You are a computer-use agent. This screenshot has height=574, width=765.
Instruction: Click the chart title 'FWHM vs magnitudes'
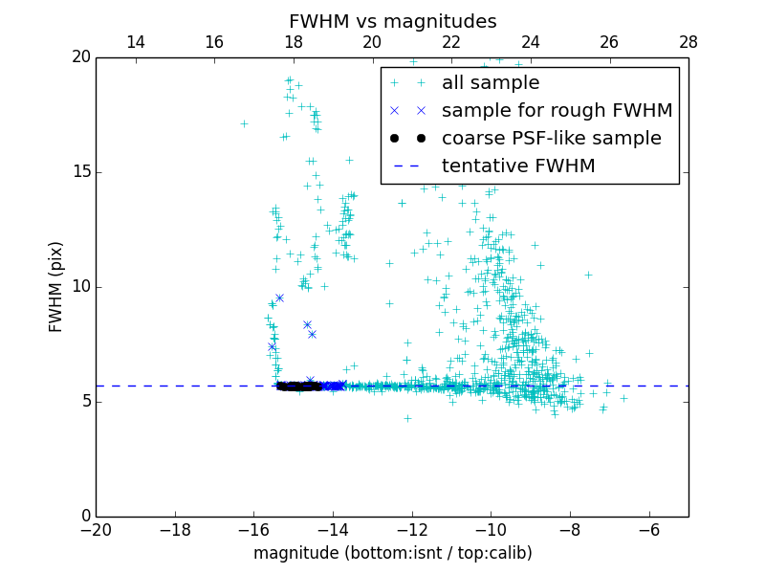(x=392, y=21)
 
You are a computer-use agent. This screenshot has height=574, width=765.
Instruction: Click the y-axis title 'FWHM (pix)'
(x=56, y=286)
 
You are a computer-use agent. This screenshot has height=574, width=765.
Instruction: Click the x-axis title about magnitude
(x=392, y=553)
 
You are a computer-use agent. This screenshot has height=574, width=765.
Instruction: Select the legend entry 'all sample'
(x=490, y=83)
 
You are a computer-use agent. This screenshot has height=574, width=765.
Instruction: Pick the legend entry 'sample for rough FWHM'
(x=557, y=111)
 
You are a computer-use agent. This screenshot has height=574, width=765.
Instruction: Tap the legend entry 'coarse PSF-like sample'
(x=551, y=139)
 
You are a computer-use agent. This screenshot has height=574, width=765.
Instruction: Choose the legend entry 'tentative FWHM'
(x=518, y=166)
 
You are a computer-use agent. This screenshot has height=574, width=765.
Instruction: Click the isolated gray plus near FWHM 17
(x=244, y=123)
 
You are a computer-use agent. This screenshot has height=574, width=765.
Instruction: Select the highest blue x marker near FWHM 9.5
(x=279, y=298)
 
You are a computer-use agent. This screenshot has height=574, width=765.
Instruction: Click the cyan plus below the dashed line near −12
(x=407, y=418)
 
